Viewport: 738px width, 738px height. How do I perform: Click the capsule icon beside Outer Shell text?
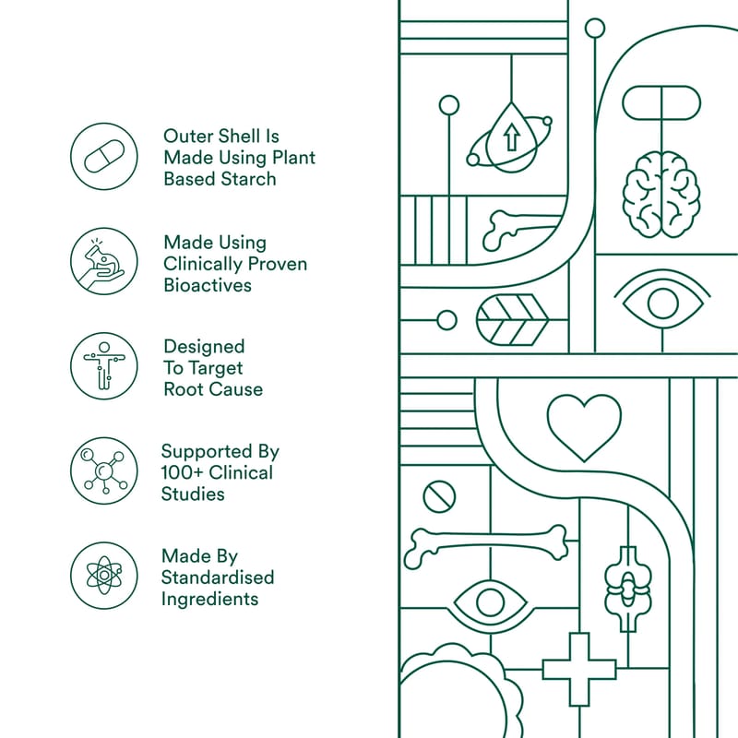click(103, 158)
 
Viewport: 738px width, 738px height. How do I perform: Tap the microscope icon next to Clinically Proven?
click(103, 262)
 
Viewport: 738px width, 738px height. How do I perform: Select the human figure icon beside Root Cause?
click(103, 366)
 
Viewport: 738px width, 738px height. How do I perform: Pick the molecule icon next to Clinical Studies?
click(103, 471)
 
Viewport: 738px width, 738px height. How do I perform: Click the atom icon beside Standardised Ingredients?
click(103, 576)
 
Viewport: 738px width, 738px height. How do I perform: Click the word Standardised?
click(218, 577)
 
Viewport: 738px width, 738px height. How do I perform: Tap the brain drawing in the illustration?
click(661, 190)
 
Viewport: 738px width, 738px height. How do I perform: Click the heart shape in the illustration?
click(584, 426)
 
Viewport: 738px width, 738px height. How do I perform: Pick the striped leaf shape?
click(513, 320)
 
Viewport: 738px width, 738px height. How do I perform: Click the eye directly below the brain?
click(662, 303)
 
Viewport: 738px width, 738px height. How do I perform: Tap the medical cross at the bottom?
click(578, 669)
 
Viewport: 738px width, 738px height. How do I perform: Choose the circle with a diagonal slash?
click(439, 497)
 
